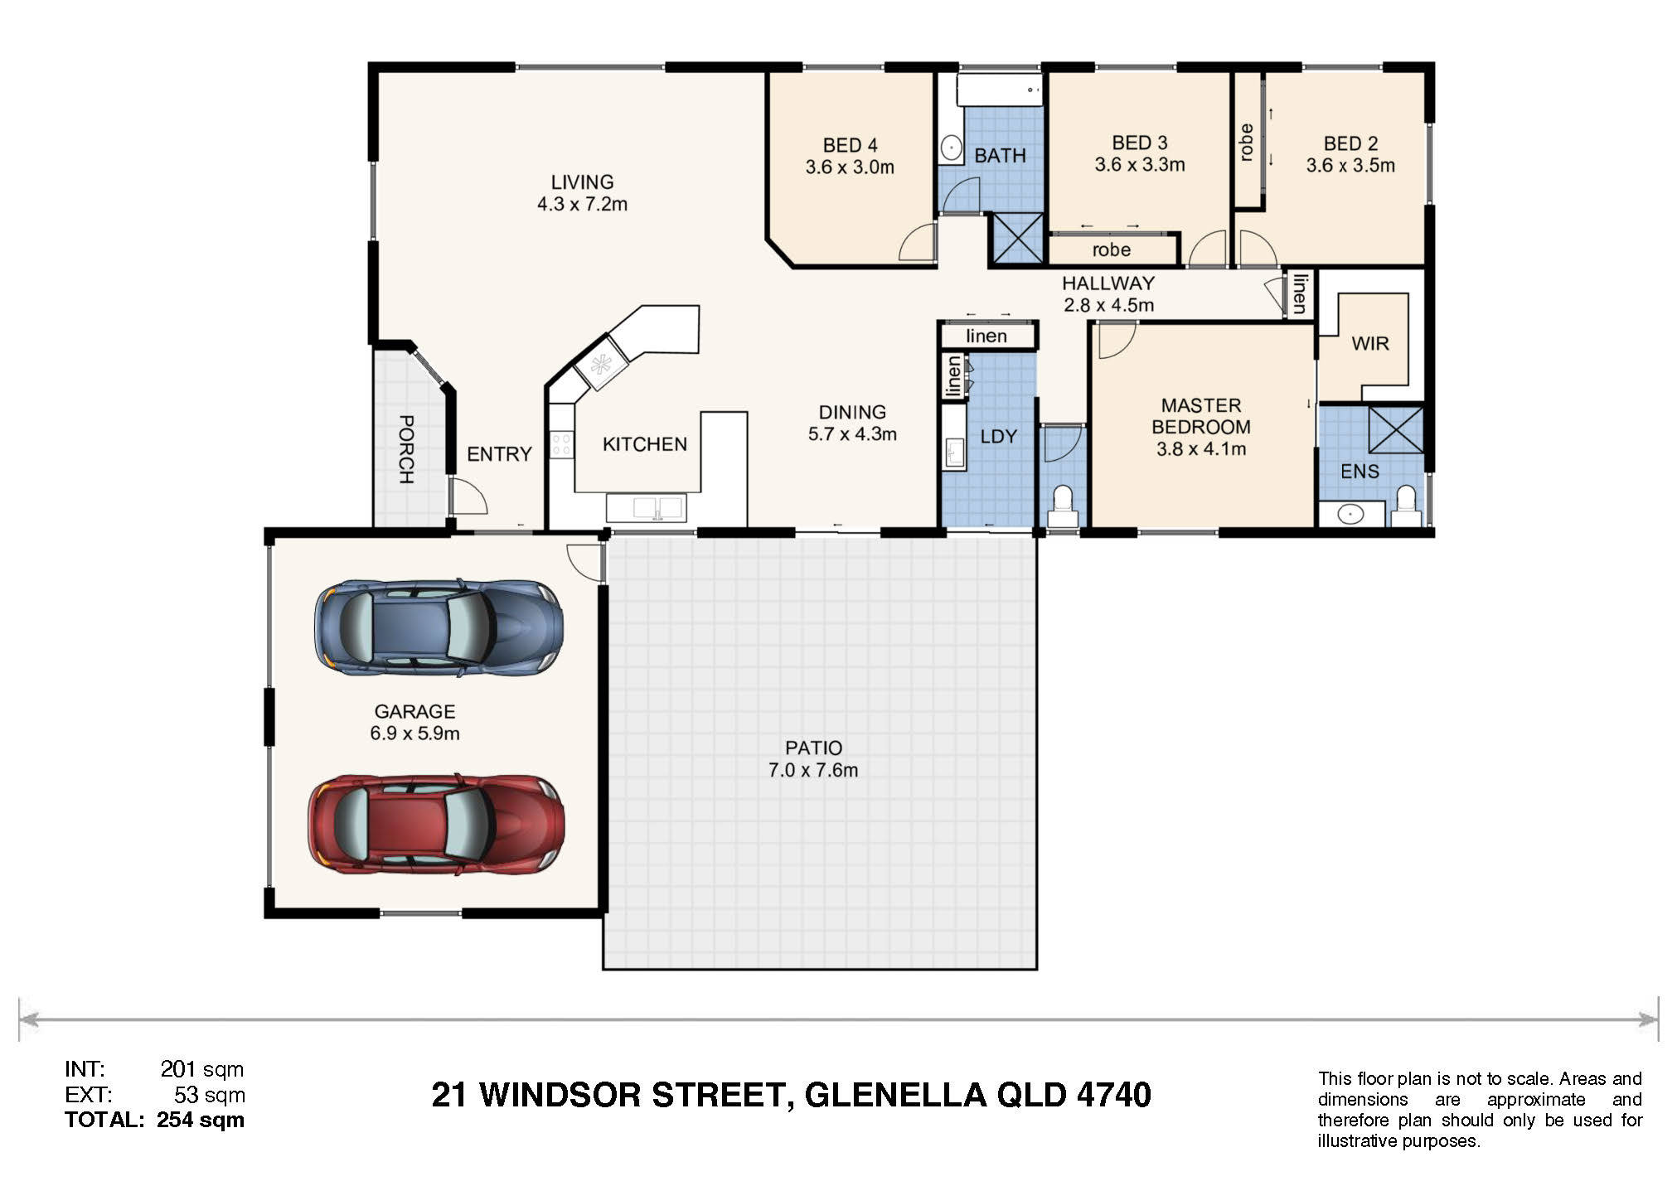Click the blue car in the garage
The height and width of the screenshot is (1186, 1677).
pos(439,627)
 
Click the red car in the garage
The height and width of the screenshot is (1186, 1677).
pos(437,824)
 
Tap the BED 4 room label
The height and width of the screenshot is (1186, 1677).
pos(850,146)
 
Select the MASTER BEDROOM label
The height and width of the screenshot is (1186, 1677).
pos(1201,416)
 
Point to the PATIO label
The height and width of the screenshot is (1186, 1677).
pos(813,748)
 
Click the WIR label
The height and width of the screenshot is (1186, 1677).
pos(1370,343)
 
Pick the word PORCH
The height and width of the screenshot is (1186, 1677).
pos(406,449)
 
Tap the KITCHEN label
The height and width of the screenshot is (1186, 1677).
pos(645,444)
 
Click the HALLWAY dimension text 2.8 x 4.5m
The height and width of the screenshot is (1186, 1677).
pos(1108,305)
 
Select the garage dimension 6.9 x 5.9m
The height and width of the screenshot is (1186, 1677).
pos(414,733)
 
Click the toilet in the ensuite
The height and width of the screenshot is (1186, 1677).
pos(1405,506)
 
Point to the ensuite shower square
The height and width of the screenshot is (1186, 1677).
pos(1396,429)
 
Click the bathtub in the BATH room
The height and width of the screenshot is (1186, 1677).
pos(1000,90)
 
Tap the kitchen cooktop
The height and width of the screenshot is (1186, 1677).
pos(561,444)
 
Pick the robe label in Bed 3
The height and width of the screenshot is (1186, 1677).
pos(1111,249)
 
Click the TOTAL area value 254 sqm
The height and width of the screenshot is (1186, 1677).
pos(201,1120)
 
